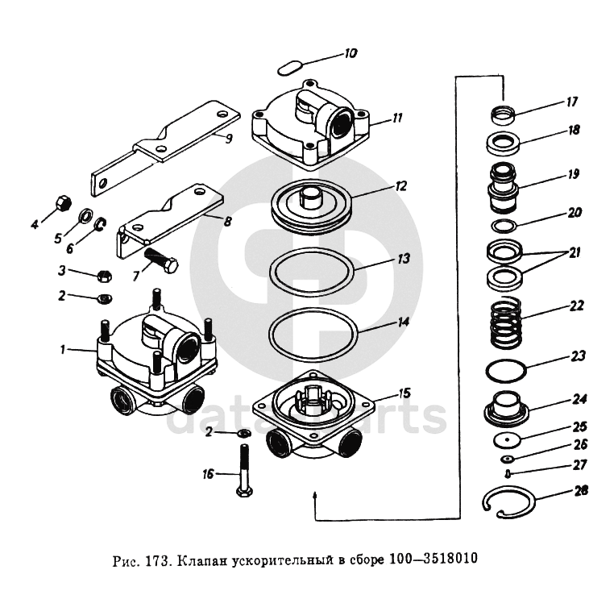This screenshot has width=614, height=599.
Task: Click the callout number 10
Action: (x=351, y=53)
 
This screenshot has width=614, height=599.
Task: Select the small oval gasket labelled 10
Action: (x=289, y=69)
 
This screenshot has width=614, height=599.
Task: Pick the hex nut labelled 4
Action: (x=63, y=202)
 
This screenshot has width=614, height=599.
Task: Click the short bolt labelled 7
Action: (x=162, y=260)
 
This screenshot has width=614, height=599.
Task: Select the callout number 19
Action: (x=573, y=174)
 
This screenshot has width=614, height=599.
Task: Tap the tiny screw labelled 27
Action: (x=508, y=473)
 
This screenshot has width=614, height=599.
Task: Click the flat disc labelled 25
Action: (x=507, y=439)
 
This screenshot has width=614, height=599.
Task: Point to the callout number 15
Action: (x=404, y=393)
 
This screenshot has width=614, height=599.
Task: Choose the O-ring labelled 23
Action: (x=505, y=370)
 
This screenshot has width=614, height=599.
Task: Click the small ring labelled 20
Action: (x=504, y=226)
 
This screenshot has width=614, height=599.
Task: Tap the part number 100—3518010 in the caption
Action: (x=433, y=558)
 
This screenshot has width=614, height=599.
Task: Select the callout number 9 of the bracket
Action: (x=229, y=138)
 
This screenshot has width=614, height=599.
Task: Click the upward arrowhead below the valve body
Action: (x=315, y=494)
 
